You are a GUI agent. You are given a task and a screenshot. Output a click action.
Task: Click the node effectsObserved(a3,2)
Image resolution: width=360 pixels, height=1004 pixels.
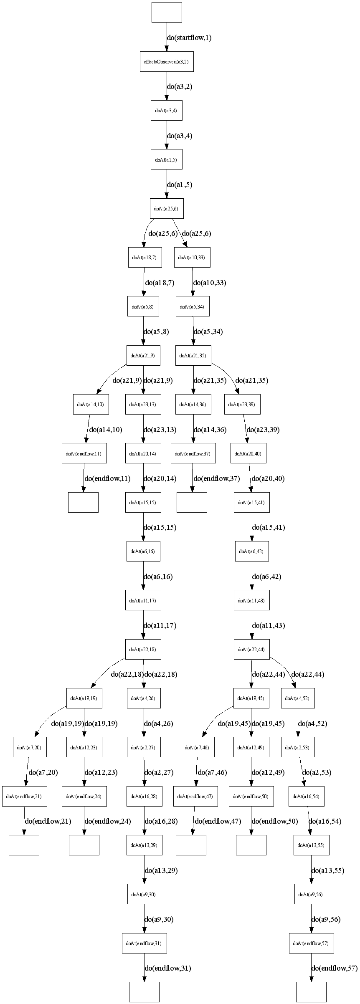[x=167, y=62]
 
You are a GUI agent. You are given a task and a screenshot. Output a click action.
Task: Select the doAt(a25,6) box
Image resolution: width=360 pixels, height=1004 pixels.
[x=167, y=209]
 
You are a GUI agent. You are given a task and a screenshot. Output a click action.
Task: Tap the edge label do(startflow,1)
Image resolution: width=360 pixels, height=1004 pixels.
[x=189, y=38]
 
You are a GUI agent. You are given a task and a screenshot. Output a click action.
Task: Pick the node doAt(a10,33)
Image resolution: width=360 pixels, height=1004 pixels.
[x=192, y=258]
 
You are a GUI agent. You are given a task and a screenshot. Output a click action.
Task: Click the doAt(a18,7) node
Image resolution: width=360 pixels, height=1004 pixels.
[x=145, y=258]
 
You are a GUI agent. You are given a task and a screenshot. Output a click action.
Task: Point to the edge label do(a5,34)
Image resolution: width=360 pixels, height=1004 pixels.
[x=208, y=332]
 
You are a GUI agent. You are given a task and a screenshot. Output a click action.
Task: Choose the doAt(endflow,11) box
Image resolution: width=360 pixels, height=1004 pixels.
[x=84, y=453]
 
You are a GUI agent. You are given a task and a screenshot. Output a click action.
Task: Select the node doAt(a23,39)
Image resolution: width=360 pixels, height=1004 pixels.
[x=242, y=405]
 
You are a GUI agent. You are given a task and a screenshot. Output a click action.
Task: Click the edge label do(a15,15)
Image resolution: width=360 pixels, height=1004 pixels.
[x=160, y=528]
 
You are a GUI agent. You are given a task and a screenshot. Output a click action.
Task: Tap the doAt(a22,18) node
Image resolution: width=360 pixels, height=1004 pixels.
[x=143, y=650]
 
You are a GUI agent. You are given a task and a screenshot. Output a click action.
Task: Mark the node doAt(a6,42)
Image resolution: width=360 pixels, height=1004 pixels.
[x=251, y=551]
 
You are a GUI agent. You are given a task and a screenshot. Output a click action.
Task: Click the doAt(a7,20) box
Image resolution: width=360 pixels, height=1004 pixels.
[x=29, y=747]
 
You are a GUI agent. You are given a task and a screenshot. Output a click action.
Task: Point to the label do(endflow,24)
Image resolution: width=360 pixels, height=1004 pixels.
[x=108, y=821]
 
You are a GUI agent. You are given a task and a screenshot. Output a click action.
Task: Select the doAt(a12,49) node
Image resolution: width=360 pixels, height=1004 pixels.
[x=251, y=747]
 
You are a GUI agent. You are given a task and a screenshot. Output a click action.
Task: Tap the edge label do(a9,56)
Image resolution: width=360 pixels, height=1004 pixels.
[x=326, y=919]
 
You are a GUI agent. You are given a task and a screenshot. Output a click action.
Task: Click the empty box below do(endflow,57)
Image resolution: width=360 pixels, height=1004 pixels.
[x=311, y=992]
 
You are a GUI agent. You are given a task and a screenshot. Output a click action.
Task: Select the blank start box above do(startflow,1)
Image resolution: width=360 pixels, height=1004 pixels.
[x=167, y=12]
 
